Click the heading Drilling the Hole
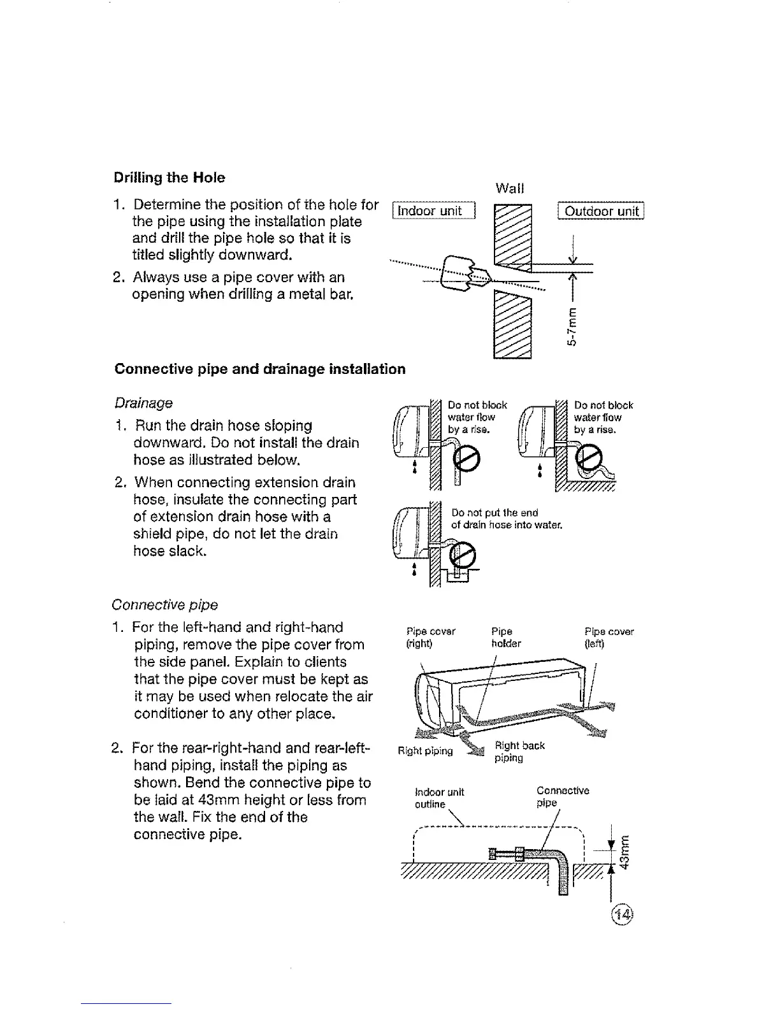(169, 178)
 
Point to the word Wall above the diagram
(509, 189)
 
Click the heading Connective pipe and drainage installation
(259, 369)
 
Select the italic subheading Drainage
(143, 403)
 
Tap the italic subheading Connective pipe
(164, 605)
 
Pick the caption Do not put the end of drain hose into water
(505, 519)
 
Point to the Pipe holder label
(506, 638)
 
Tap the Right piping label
(425, 751)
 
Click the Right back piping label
(519, 752)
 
